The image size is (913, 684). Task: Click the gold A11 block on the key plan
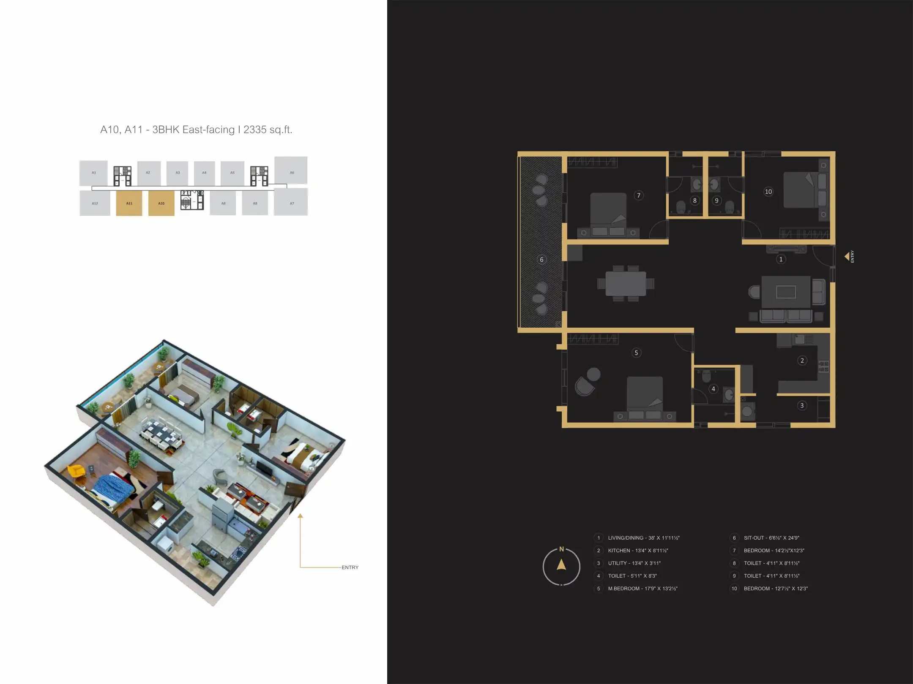tap(129, 203)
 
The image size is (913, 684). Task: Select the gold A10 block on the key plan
tap(161, 203)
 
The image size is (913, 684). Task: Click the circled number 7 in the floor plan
tap(639, 195)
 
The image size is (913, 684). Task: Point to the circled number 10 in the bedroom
tap(768, 192)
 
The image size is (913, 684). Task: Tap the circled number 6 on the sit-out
tap(541, 260)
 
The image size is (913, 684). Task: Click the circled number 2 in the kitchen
tap(802, 360)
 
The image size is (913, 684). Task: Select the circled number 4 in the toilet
tap(713, 389)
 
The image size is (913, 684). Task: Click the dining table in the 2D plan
tap(626, 284)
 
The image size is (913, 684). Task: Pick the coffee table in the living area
tap(786, 292)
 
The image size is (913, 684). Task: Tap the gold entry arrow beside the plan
tap(847, 256)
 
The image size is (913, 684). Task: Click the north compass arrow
tap(561, 565)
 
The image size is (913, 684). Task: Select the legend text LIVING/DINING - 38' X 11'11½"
tap(643, 538)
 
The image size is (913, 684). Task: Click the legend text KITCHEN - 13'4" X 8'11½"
tap(638, 551)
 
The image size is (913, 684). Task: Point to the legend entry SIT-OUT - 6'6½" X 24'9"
tap(771, 538)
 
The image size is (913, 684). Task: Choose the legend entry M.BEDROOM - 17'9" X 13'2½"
tap(642, 589)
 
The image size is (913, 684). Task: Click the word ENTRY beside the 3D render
tap(350, 567)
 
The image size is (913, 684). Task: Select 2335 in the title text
tap(255, 130)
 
